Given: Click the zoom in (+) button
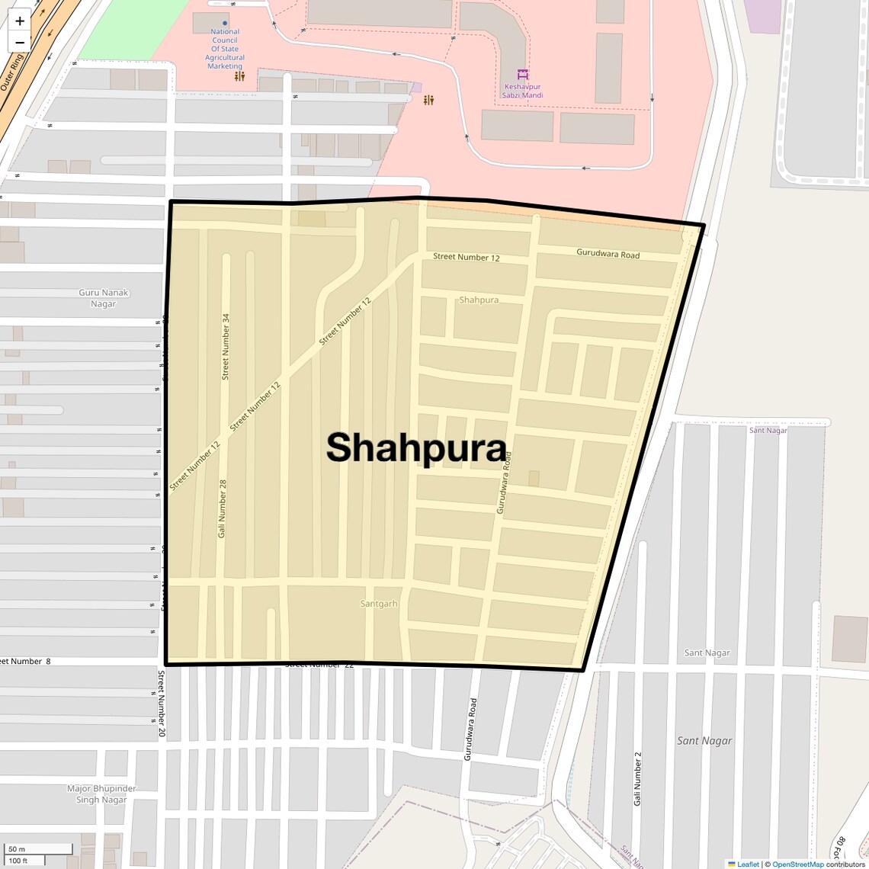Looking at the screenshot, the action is click(20, 21).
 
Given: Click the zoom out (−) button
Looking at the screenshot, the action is click(20, 43).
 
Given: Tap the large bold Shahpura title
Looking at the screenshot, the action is click(416, 447).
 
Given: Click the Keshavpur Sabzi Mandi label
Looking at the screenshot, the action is click(523, 91).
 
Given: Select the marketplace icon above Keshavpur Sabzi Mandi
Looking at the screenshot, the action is click(523, 75).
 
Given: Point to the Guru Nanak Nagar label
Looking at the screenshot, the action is click(104, 298).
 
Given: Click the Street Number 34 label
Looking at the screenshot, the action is click(226, 346).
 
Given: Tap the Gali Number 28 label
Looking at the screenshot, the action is click(223, 508).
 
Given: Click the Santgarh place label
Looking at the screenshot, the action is click(379, 604).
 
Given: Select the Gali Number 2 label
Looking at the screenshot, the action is click(637, 778).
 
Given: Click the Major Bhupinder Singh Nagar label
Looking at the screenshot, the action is click(101, 794).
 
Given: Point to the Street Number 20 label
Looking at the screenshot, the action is click(162, 703).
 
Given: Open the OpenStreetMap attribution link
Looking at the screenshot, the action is click(797, 864).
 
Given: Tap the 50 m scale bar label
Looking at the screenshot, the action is click(17, 849).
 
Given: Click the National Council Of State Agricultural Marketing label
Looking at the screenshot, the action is click(225, 49).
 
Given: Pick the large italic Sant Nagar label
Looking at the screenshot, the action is click(704, 740).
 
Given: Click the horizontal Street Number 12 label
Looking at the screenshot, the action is click(467, 257).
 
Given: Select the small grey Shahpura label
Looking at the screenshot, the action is click(479, 300).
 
